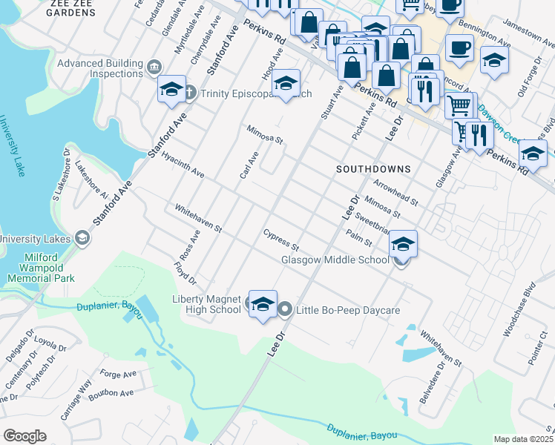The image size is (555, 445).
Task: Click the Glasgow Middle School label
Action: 335,260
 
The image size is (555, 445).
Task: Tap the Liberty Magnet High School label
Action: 207,304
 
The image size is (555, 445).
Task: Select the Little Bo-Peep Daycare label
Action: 348,310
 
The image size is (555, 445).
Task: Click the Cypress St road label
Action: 280,239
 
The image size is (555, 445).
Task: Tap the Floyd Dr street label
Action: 185,274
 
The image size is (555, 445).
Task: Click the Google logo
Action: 24,436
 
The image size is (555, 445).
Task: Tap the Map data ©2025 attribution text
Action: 524,439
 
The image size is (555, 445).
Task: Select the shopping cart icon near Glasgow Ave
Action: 460,106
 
